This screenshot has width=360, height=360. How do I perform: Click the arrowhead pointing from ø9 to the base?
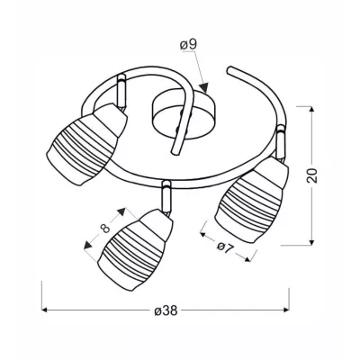206,88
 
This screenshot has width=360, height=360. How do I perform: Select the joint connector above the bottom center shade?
165,191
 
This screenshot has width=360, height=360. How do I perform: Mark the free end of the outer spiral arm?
232,69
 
